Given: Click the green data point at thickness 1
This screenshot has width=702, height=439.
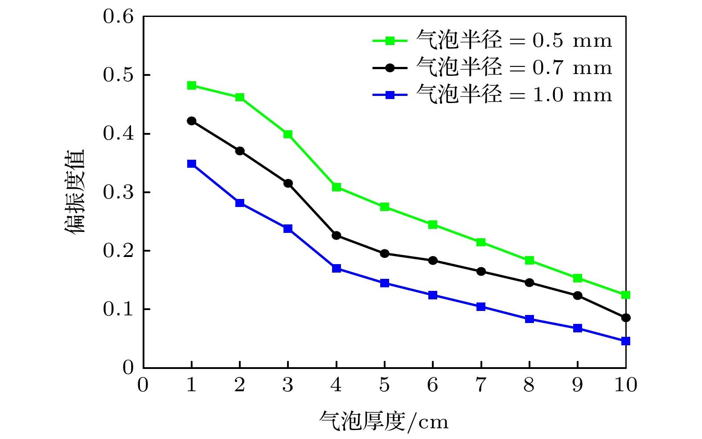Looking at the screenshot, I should [192, 86].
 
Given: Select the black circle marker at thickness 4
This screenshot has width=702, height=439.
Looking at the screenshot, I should [337, 236].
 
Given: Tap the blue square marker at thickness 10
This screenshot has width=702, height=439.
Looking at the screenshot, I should [626, 341].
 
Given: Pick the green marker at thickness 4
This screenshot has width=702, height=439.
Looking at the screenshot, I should [337, 187].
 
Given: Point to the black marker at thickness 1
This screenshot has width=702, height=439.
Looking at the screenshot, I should [192, 121].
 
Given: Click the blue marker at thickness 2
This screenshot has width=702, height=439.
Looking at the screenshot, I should [240, 203].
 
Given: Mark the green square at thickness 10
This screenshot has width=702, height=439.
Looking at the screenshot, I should [626, 295].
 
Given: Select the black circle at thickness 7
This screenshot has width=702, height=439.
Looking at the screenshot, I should [481, 272].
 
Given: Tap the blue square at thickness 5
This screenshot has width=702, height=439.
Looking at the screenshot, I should [385, 283].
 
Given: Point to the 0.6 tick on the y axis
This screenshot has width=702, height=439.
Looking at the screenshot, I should [118, 17].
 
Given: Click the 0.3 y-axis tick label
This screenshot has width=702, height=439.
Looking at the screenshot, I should [118, 192].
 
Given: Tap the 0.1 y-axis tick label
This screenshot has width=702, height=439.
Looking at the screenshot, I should [118, 309].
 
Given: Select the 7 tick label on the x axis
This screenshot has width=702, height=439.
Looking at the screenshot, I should [481, 385].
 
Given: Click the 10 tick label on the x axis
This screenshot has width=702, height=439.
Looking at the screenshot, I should [626, 385].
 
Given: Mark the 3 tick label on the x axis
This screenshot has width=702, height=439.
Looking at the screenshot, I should [288, 385].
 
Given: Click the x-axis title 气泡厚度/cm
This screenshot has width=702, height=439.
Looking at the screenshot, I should [384, 421].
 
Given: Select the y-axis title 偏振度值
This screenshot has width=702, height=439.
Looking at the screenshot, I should [75, 192].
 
